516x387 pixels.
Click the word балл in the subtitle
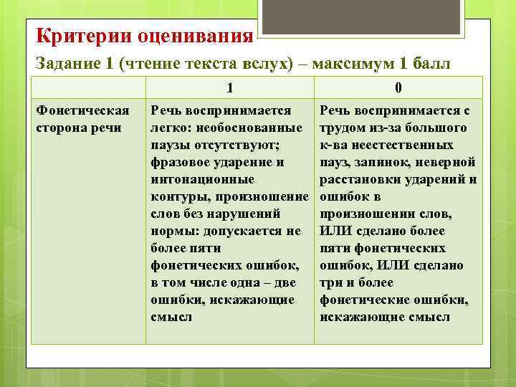(x=431, y=63)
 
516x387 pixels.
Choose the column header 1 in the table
(x=229, y=88)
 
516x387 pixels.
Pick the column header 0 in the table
(x=398, y=88)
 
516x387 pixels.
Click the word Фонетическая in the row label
(x=82, y=110)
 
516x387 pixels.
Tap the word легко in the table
(x=168, y=128)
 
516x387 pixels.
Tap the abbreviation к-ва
(x=334, y=145)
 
